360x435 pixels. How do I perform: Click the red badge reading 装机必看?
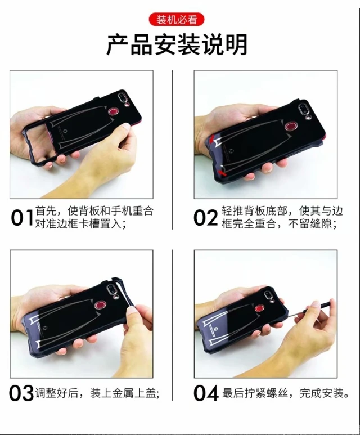(x=177, y=20)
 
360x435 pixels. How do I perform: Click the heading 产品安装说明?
(x=177, y=44)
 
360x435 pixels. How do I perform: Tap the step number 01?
(x=22, y=218)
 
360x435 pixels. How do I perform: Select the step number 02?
(x=206, y=218)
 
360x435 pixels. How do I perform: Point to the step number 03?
(x=21, y=393)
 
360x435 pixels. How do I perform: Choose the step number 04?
(x=206, y=393)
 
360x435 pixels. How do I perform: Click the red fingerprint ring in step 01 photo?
(x=113, y=111)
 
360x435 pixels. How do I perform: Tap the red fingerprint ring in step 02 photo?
(x=291, y=126)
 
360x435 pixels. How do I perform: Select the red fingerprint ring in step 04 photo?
(x=260, y=307)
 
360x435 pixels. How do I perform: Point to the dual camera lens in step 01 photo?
(x=122, y=98)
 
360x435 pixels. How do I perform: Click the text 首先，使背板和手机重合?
(x=94, y=211)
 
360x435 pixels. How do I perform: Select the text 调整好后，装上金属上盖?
(x=97, y=393)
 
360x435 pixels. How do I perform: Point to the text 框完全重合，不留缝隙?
(x=280, y=224)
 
